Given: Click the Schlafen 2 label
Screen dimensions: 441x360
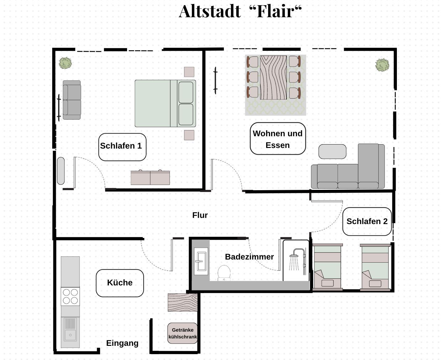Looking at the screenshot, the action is point(367,221).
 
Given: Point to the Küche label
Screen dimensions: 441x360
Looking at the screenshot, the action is point(120,283).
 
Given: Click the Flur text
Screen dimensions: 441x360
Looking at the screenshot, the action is point(200,215).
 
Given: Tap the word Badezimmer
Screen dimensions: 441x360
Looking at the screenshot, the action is point(249,257).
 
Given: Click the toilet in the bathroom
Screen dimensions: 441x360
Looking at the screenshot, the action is point(224,273).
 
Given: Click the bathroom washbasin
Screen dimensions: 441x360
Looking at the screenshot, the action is point(201,261).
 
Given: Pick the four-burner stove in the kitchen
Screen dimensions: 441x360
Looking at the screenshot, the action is point(70,297).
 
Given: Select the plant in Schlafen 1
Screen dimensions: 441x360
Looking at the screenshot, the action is point(65,63).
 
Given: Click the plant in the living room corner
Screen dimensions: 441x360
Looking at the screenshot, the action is point(382,65).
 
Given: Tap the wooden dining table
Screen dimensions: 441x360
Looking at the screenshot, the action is point(273,77).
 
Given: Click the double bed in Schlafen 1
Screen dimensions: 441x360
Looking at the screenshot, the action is point(165,104).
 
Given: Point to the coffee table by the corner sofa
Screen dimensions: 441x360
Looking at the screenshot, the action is point(332,151).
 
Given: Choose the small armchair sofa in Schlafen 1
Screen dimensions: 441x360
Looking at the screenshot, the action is point(72,100).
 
